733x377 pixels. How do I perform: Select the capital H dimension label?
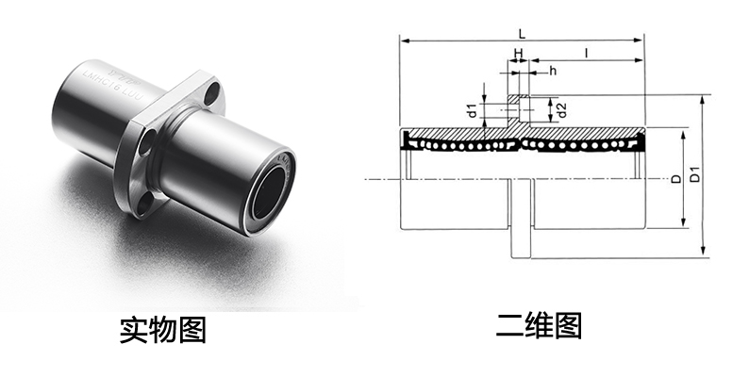pos(518,53)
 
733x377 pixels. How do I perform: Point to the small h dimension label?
pos(553,71)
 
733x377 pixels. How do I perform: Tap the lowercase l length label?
pos(587,54)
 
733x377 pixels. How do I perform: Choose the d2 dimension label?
pos(562,110)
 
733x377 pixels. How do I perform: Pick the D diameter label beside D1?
pos(675,179)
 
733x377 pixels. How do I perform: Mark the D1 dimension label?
pos(695,174)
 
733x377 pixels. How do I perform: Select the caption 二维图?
pos(539,326)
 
